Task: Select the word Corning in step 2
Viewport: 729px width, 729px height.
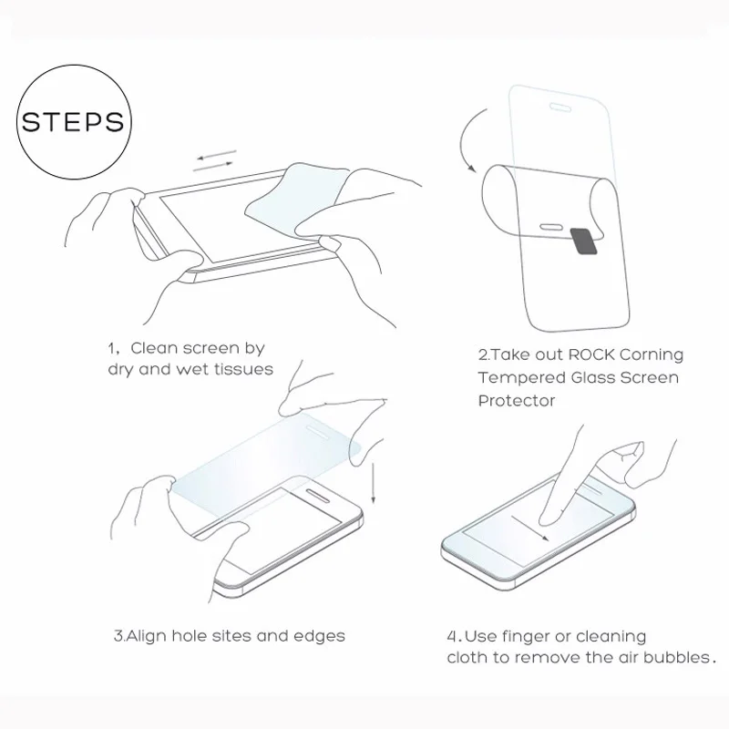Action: [x=652, y=354]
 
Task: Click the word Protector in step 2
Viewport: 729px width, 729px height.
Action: [x=517, y=401]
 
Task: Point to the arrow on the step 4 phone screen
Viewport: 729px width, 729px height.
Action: [x=530, y=529]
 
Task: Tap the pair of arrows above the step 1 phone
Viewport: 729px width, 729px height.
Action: [x=217, y=161]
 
